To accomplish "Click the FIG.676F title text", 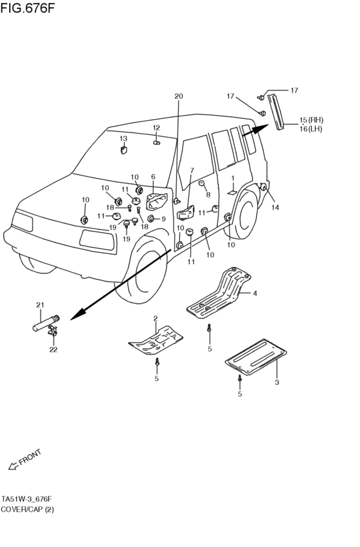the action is pos(27,8).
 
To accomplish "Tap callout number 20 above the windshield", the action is pos(179,96).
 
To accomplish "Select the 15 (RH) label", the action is pos(311,120).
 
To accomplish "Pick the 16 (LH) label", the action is pos(310,129).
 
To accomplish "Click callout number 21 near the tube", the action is pos(40,305).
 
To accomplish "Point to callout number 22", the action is pos(53,349).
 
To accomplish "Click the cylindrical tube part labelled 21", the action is pos(46,323).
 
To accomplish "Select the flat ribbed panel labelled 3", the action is pos(256,357).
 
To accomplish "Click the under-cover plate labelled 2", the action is pos(156,341).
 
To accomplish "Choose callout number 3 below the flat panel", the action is pos(276,382).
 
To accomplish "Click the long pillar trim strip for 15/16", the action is pos(276,111).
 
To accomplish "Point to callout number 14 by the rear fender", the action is pos(275,207).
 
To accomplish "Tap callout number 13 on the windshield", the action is pos(123,139).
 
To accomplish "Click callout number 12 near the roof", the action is pos(156,128).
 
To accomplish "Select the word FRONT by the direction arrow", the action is pos(30,458).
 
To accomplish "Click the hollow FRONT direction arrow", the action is pos(13,466).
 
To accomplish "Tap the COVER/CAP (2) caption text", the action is pos(27,509).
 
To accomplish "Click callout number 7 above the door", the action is pos(192,170).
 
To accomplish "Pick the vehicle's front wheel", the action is pos(141,270).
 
